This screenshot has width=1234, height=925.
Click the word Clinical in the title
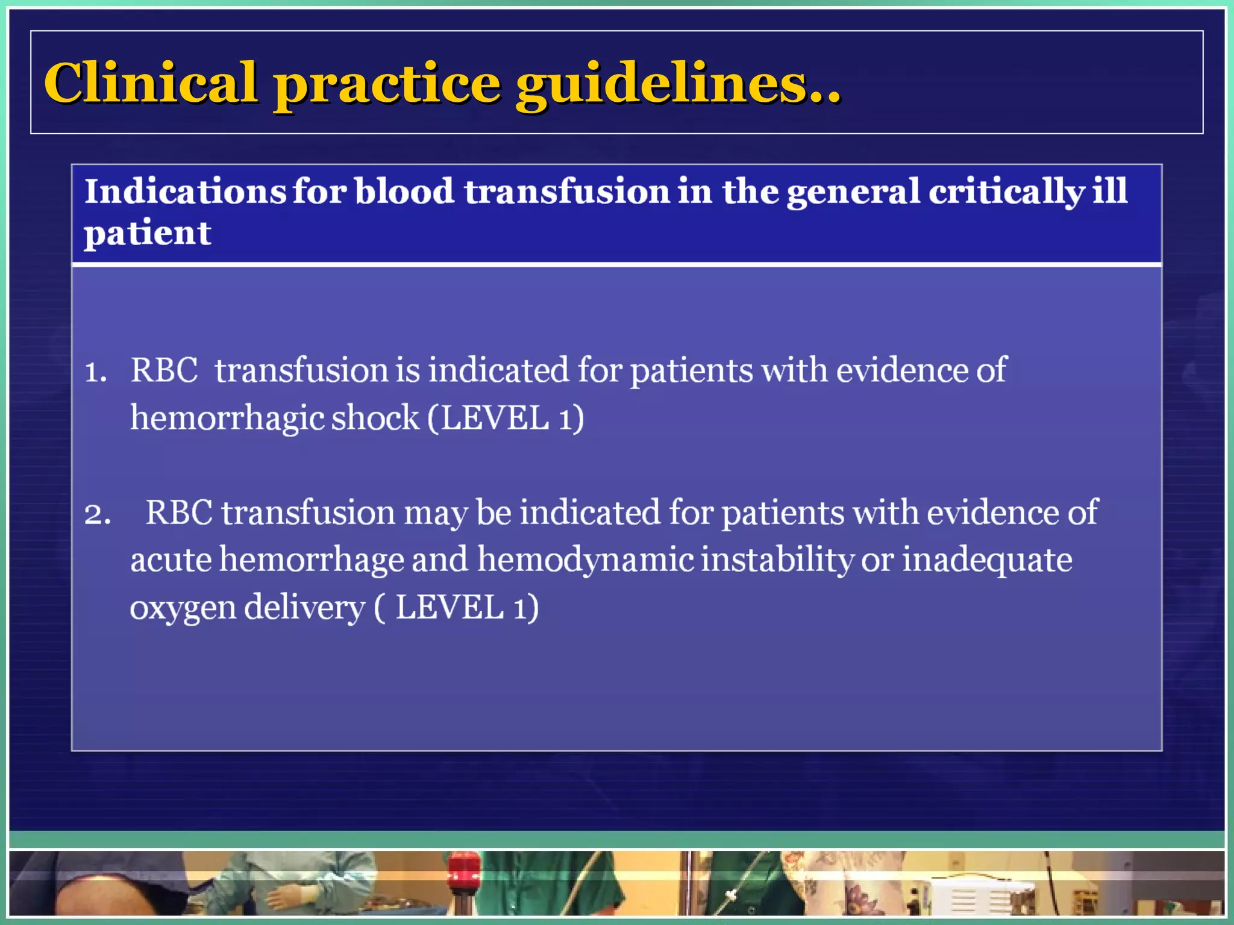[x=151, y=83]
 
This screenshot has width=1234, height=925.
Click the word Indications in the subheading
[x=185, y=192]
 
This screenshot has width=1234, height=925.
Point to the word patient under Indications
[x=148, y=234]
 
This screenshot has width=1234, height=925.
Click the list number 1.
[x=95, y=372]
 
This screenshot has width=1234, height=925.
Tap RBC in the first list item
[x=164, y=370]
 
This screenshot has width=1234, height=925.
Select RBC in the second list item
[x=179, y=512]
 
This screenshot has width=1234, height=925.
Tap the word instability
[x=777, y=560]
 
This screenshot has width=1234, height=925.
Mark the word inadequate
[x=986, y=560]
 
